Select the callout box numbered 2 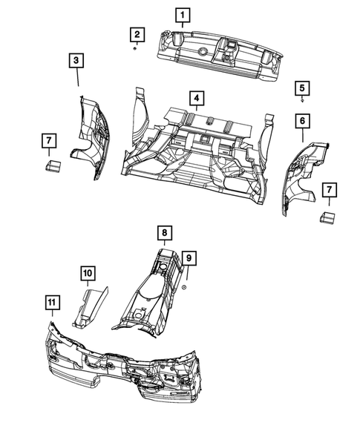point(136,33)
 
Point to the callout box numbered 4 point(195,98)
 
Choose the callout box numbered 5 point(302,88)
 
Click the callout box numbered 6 point(302,120)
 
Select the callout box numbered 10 point(87,275)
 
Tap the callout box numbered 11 point(51,302)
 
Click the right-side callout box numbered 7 point(328,191)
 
